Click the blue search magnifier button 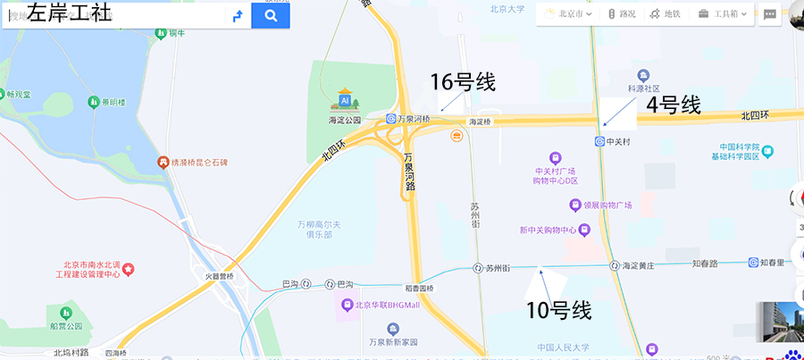pos(271,15)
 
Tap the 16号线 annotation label pos(463,82)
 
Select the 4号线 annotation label pos(674,105)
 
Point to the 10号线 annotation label pos(559,311)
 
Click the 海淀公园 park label pos(344,119)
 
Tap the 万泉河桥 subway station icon pos(391,119)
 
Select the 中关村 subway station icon pos(599,141)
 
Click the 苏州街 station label pos(497,267)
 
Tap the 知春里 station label pos(772,263)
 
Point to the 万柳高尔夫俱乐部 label pos(314,229)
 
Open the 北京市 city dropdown pos(569,13)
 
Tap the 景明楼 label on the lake pos(112,103)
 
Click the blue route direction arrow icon pos(237,15)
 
